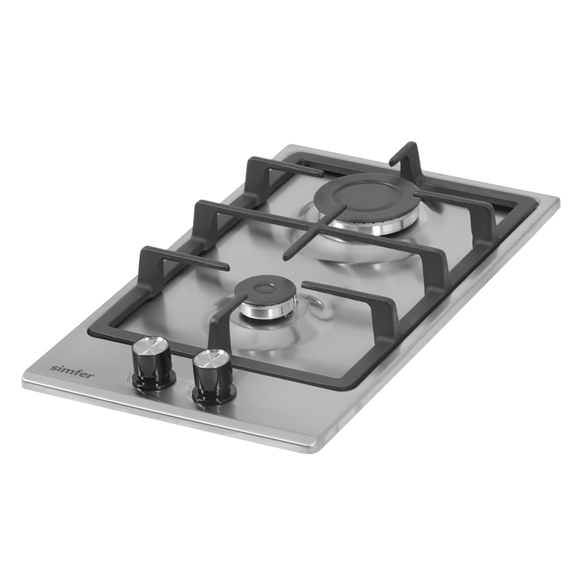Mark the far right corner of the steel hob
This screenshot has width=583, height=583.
pos(559,199)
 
